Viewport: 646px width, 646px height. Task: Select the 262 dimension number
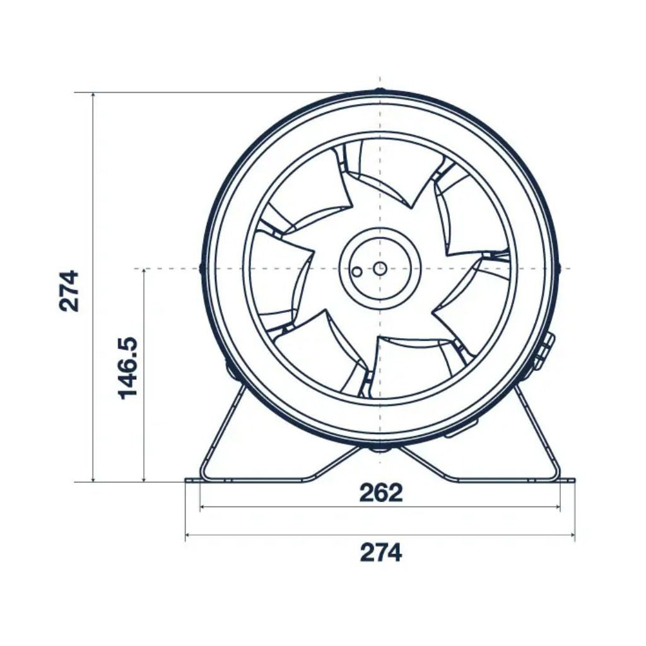(380, 493)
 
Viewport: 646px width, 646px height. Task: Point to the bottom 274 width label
(380, 553)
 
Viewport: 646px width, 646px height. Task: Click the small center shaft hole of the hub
(379, 268)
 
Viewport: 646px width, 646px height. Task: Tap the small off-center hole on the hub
(357, 272)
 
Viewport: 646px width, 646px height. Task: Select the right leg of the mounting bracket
(536, 429)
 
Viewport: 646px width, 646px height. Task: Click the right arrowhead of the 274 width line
(572, 536)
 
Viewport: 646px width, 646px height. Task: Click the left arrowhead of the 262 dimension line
(203, 507)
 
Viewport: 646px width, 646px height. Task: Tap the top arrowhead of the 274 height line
(93, 97)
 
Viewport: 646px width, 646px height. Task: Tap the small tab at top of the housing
(379, 91)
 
